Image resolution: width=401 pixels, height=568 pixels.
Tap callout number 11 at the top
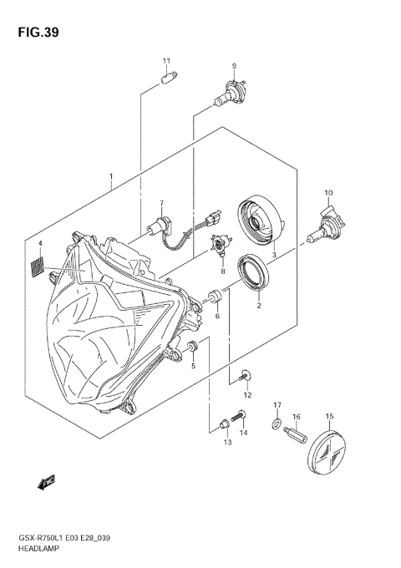coord(166,61)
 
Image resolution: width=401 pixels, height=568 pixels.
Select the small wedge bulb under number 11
coord(166,79)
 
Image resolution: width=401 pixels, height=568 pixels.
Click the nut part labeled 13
coord(224,426)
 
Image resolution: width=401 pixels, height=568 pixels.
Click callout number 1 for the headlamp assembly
coord(111,177)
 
